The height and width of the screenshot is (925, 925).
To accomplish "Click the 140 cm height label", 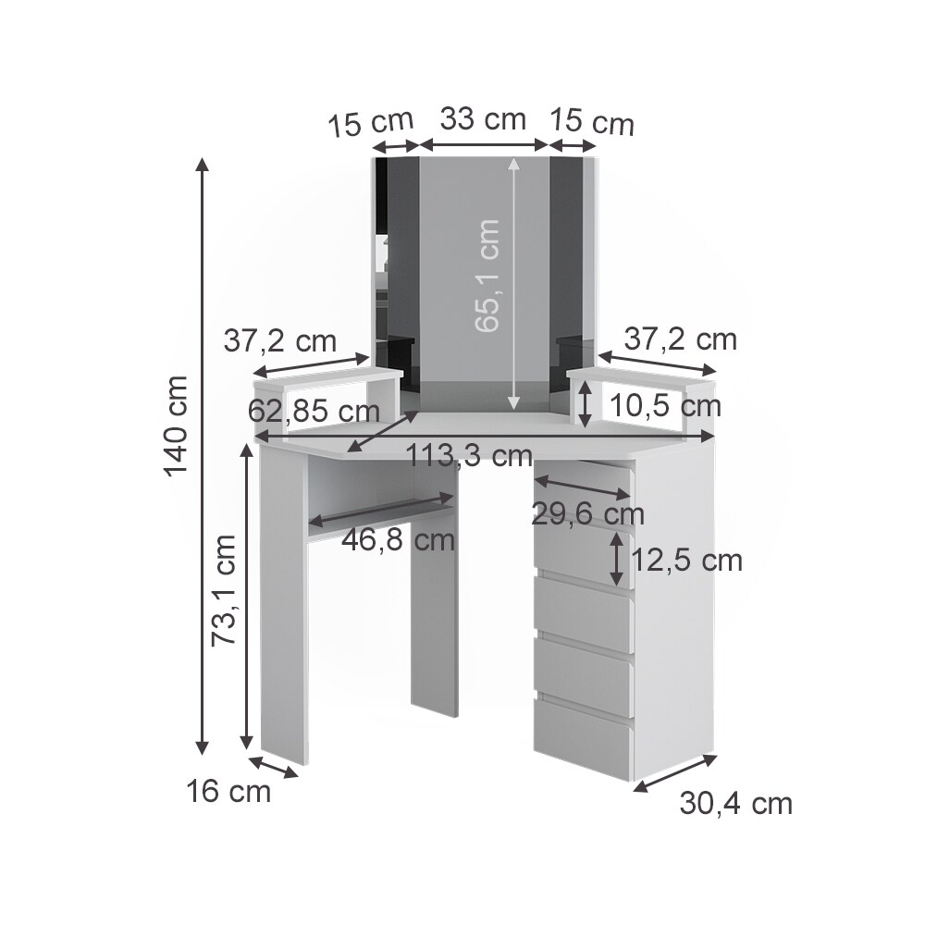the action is click(176, 425).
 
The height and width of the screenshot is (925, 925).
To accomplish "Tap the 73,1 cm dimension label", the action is click(224, 590).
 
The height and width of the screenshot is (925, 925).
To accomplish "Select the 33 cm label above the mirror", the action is click(483, 118).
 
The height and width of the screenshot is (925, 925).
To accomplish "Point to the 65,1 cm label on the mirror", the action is click(487, 275).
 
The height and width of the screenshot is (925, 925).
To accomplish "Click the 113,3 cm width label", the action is click(470, 455).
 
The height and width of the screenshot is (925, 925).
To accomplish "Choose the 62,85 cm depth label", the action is click(314, 411).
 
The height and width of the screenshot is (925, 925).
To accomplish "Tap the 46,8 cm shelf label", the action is click(399, 540).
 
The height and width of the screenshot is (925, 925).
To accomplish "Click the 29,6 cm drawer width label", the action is click(587, 514).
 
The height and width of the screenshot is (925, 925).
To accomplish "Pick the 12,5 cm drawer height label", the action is click(686, 560).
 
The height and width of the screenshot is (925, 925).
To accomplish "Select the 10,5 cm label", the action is click(665, 406).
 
